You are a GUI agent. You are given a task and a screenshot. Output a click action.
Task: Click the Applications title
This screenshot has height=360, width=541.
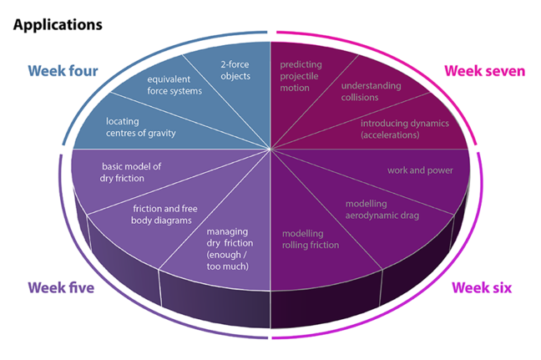tap(57, 23)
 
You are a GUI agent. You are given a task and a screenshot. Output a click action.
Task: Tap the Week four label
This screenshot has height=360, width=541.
tap(63, 71)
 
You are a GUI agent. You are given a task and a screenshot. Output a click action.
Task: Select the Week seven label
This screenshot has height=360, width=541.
tap(484, 71)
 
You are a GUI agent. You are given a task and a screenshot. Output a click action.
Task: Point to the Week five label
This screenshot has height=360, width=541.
tap(61, 288)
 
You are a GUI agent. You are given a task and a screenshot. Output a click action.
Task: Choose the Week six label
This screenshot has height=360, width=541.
tap(482, 288)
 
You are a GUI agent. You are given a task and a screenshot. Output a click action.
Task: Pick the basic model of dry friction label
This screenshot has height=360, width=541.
tap(130, 172)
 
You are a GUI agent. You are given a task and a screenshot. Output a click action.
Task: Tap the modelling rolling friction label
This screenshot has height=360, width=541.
tap(310, 239)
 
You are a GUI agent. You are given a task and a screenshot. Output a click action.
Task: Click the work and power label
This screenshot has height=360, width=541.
tap(420, 170)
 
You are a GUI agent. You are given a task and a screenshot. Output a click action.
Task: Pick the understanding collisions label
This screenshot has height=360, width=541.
tap(371, 91)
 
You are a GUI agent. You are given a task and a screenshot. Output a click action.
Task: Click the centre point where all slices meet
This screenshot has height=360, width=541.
tap(270, 150)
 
